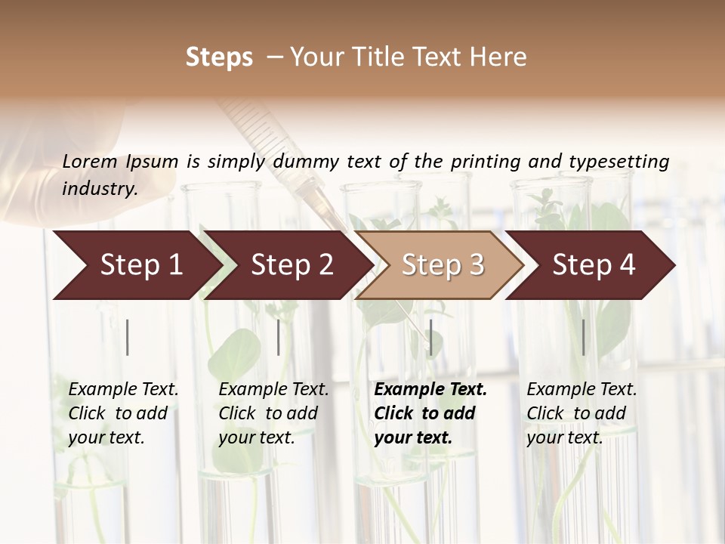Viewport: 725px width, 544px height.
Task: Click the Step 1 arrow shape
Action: click(x=136, y=265)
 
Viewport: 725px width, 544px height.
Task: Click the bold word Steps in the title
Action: click(x=219, y=57)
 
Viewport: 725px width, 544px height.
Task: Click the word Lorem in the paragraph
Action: click(x=89, y=161)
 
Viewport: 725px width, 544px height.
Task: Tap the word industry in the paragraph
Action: click(x=100, y=188)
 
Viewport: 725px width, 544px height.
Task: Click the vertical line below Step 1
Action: click(x=128, y=337)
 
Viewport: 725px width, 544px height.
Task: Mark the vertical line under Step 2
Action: click(x=279, y=337)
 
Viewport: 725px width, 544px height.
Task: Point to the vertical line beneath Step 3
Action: click(x=430, y=337)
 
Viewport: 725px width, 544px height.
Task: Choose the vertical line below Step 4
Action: click(x=583, y=337)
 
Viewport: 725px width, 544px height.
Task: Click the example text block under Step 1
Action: click(x=123, y=413)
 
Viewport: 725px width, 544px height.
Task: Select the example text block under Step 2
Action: click(x=273, y=413)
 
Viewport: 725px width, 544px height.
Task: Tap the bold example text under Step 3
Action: click(x=430, y=413)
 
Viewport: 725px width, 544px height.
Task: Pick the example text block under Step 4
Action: click(x=582, y=413)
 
